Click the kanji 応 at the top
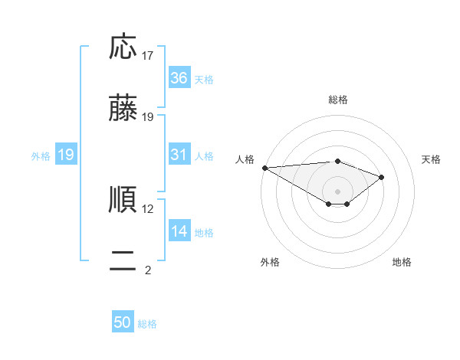coord(123,47)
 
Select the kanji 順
coord(123,199)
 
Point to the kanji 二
coord(123,261)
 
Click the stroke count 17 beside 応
coord(148,56)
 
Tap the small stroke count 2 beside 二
coord(148,270)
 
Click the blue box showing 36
coord(179,78)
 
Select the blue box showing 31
coord(179,155)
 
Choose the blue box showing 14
coord(179,231)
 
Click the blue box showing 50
coord(123,323)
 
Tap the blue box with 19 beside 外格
coord(66,155)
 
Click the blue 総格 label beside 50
coord(148,324)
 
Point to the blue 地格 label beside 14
coord(204,232)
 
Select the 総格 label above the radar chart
coord(338,100)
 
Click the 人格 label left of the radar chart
coord(245,159)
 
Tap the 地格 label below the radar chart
coord(402,262)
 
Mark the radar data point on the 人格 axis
coord(264,168)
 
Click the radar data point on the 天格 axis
coord(382,177)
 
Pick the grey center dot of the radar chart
coord(338,191)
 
